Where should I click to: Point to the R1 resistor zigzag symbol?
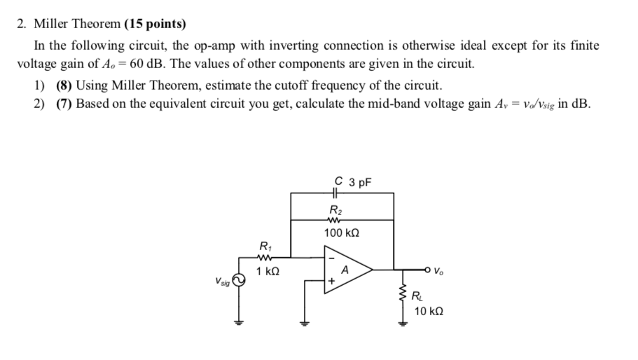[264, 256]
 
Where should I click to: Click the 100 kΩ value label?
[342, 232]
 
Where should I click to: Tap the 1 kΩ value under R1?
[268, 271]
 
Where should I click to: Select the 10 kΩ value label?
[428, 310]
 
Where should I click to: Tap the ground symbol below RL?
[403, 324]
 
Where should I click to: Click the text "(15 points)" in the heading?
[155, 24]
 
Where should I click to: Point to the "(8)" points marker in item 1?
[65, 86]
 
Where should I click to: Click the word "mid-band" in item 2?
[375, 104]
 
